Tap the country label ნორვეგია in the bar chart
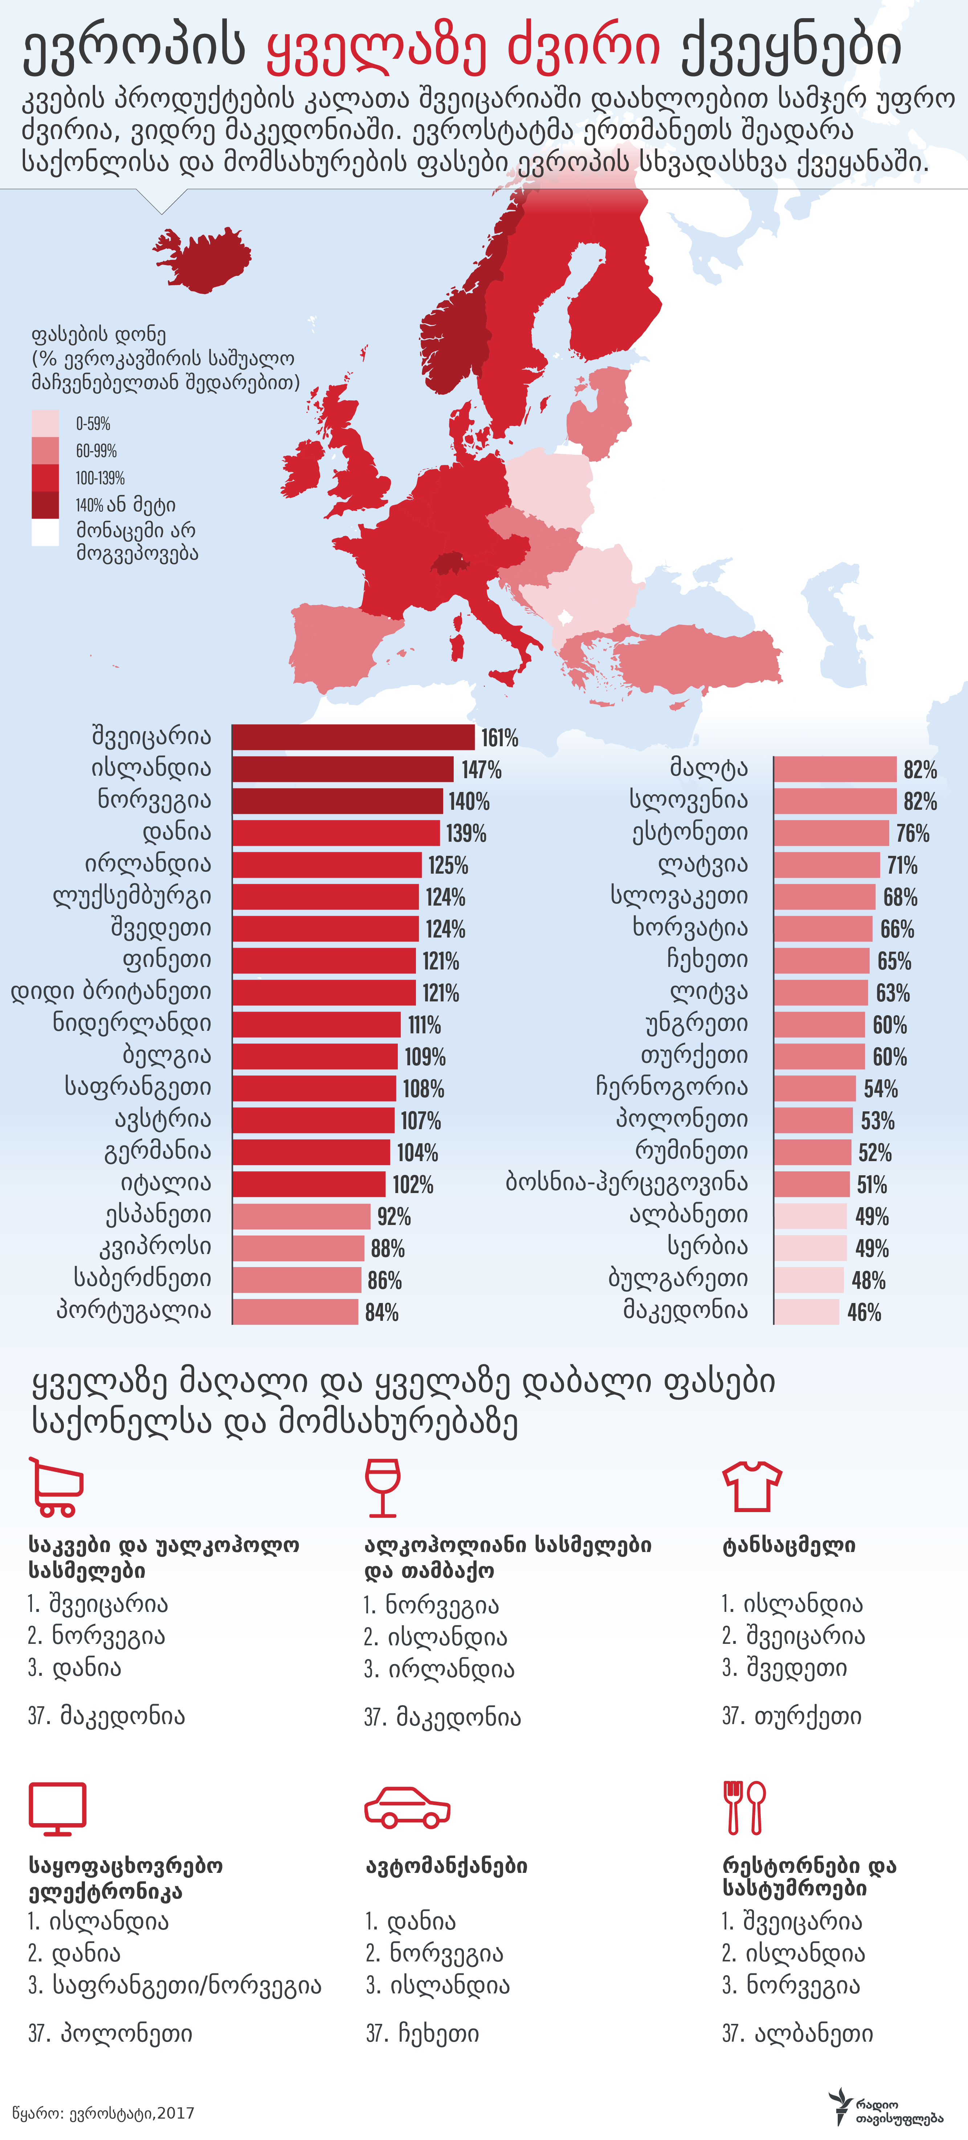pos(155,800)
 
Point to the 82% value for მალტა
pos(920,769)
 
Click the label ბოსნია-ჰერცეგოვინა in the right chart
pos(626,1183)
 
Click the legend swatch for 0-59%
pos(45,423)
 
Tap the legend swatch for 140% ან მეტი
pos(45,504)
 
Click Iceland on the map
pos(204,259)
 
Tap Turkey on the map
pos(698,656)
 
